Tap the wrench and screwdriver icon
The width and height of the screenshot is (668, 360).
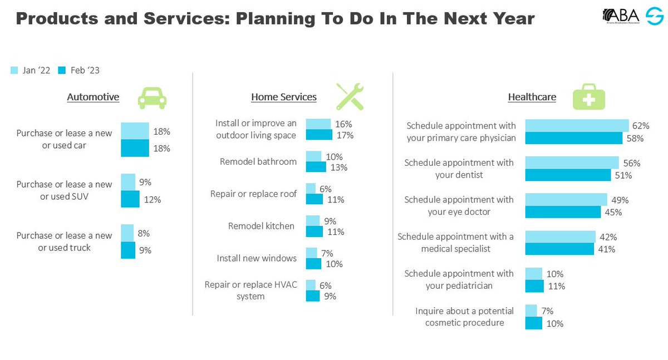pos(350,96)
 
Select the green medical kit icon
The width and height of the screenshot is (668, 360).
pos(588,96)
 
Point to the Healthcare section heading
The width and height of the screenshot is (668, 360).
pos(532,97)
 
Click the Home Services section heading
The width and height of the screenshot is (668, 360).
pos(283,97)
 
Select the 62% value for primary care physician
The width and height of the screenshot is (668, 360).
pos(641,126)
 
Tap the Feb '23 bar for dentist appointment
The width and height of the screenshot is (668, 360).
pos(568,175)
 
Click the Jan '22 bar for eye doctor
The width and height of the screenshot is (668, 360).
pos(566,200)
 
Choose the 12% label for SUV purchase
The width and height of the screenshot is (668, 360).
pos(152,199)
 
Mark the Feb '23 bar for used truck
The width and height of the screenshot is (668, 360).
pos(128,250)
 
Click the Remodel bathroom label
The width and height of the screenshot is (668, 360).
pos(258,162)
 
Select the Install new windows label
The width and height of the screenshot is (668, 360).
pos(257,258)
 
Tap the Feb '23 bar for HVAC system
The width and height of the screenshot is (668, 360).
pos(313,296)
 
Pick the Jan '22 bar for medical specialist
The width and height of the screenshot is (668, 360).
pos(560,236)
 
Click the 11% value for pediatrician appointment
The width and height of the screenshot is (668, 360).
pos(556,287)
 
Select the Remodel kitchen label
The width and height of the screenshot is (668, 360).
pos(261,226)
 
